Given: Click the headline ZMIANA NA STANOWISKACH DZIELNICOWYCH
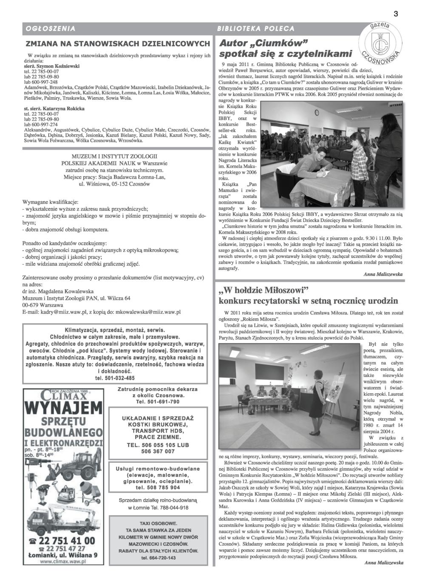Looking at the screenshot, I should [x=118, y=44].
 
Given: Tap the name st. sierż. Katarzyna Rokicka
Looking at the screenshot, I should [x=54, y=109].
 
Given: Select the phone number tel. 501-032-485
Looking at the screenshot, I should [x=115, y=378].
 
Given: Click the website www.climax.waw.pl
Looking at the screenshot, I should [x=63, y=561].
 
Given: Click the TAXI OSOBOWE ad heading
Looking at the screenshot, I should [x=156, y=522].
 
